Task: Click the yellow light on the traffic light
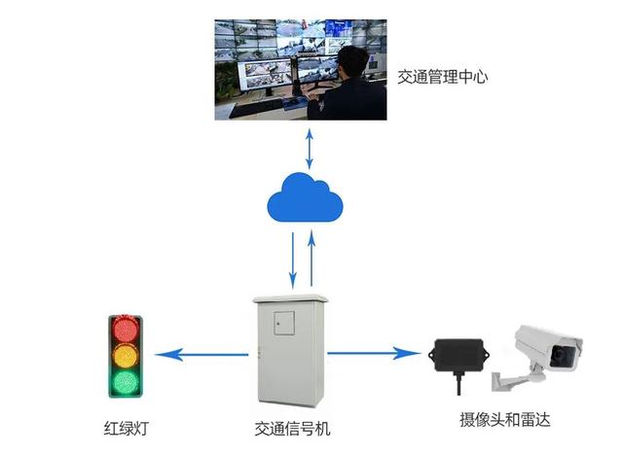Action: click(125, 355)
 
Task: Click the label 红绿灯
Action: click(127, 427)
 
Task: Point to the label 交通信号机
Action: click(289, 427)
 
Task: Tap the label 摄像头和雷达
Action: click(505, 420)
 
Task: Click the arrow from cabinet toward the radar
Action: click(374, 353)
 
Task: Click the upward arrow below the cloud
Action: click(311, 258)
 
